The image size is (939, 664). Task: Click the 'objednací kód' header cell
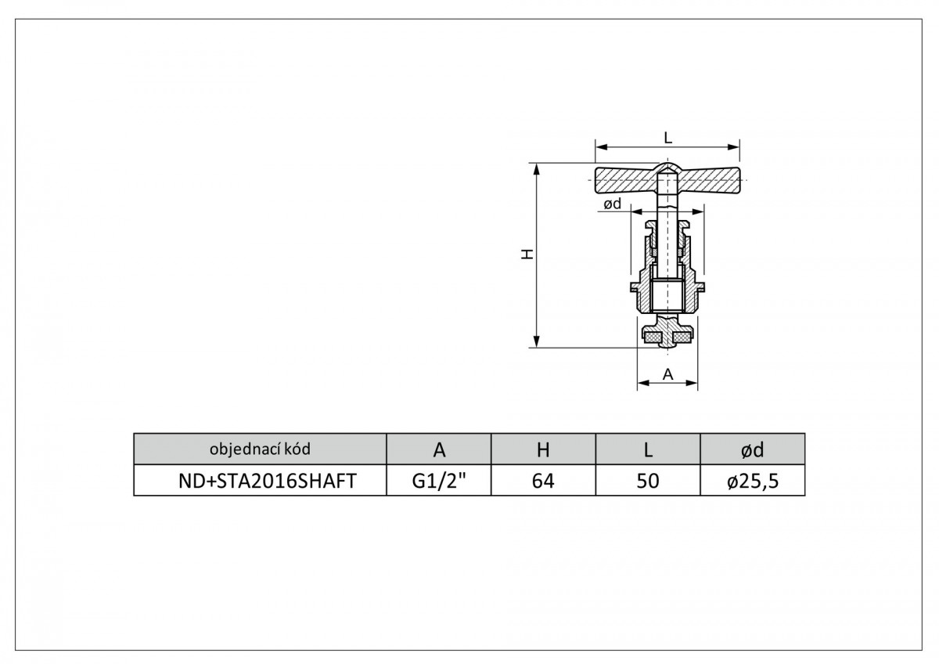[x=260, y=449]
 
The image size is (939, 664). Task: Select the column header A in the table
[x=438, y=449]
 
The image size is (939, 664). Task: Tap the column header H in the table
[x=543, y=449]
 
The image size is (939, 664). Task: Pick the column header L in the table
[x=648, y=449]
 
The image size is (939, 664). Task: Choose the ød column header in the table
[x=753, y=449]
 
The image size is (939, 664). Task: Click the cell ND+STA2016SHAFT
[x=260, y=480]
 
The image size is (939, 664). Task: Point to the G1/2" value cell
[x=438, y=480]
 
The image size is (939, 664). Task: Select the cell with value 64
[x=543, y=480]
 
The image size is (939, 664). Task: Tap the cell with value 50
[x=648, y=480]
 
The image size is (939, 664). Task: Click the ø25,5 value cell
[x=753, y=480]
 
